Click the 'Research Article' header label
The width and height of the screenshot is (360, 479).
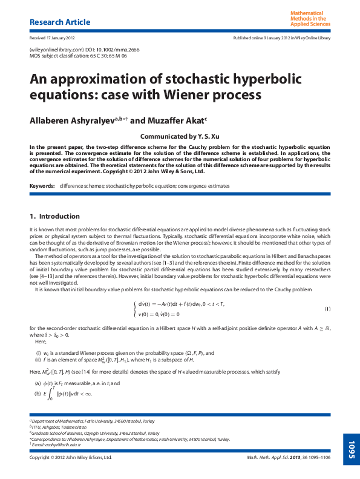60,22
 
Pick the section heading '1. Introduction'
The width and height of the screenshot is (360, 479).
54,216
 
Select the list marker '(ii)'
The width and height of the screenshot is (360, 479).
38,359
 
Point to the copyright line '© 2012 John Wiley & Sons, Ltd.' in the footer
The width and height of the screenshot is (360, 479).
71,458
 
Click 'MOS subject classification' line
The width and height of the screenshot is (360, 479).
78,55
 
